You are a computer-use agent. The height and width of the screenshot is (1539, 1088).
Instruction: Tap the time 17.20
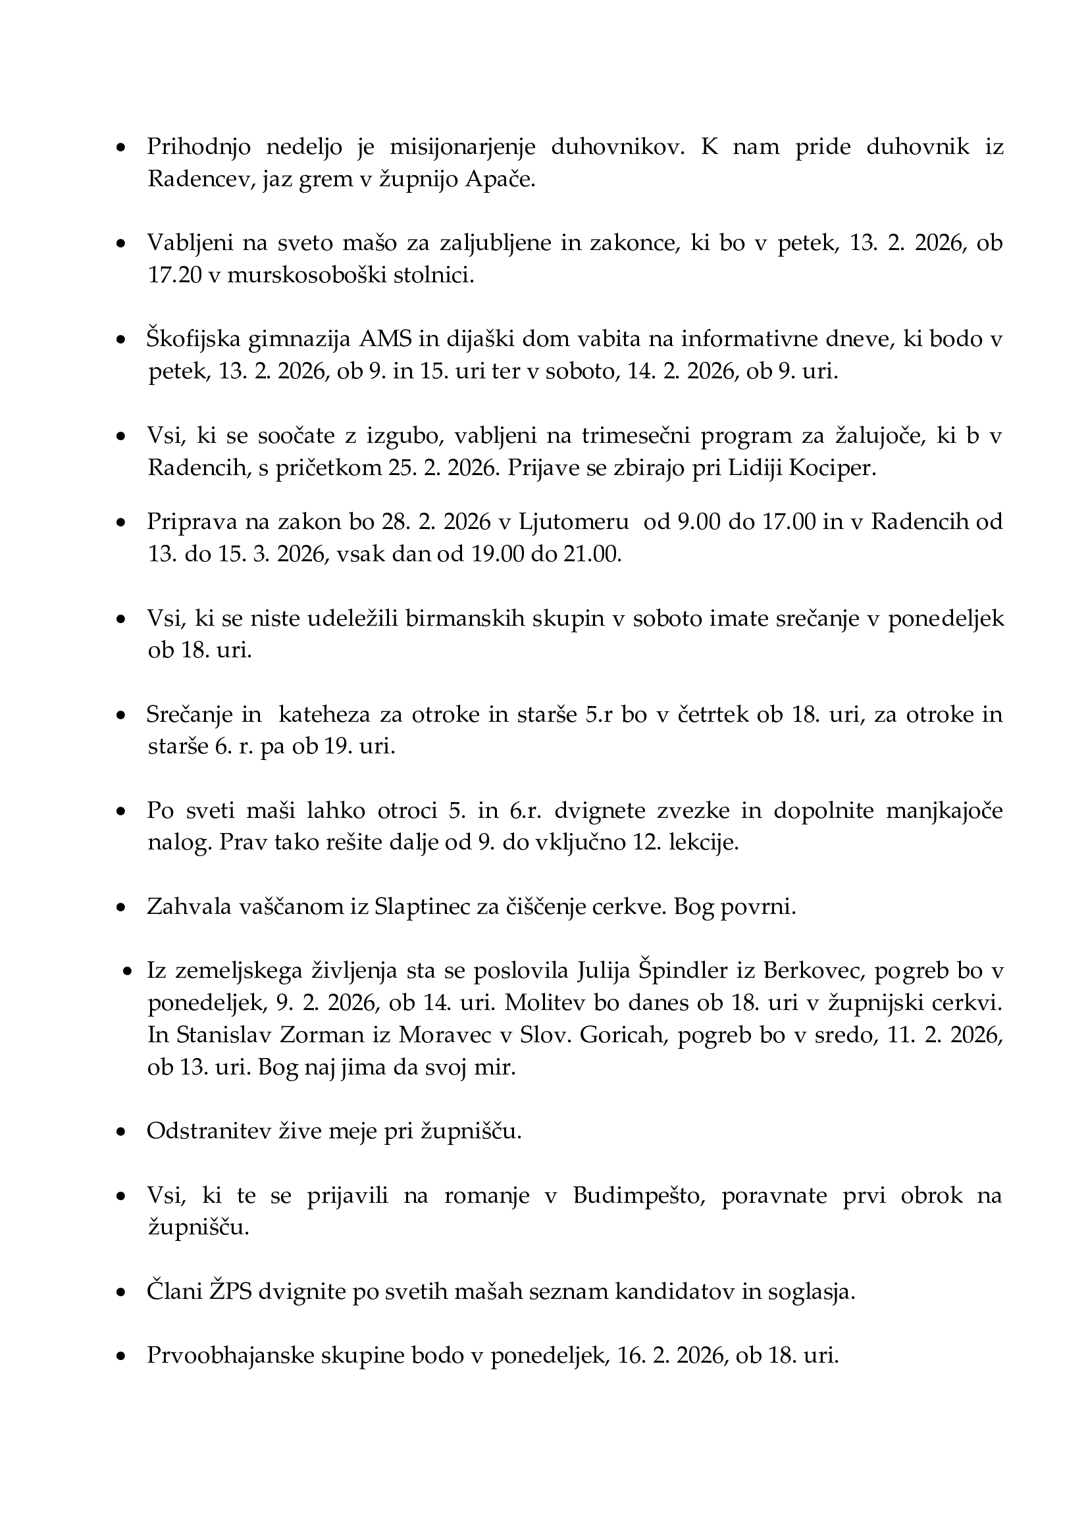click(174, 275)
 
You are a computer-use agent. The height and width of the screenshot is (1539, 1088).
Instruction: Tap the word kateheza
click(324, 715)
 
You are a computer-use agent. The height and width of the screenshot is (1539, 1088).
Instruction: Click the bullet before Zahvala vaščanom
click(121, 908)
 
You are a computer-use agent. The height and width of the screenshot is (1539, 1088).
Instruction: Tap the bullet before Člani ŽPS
click(121, 1293)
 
